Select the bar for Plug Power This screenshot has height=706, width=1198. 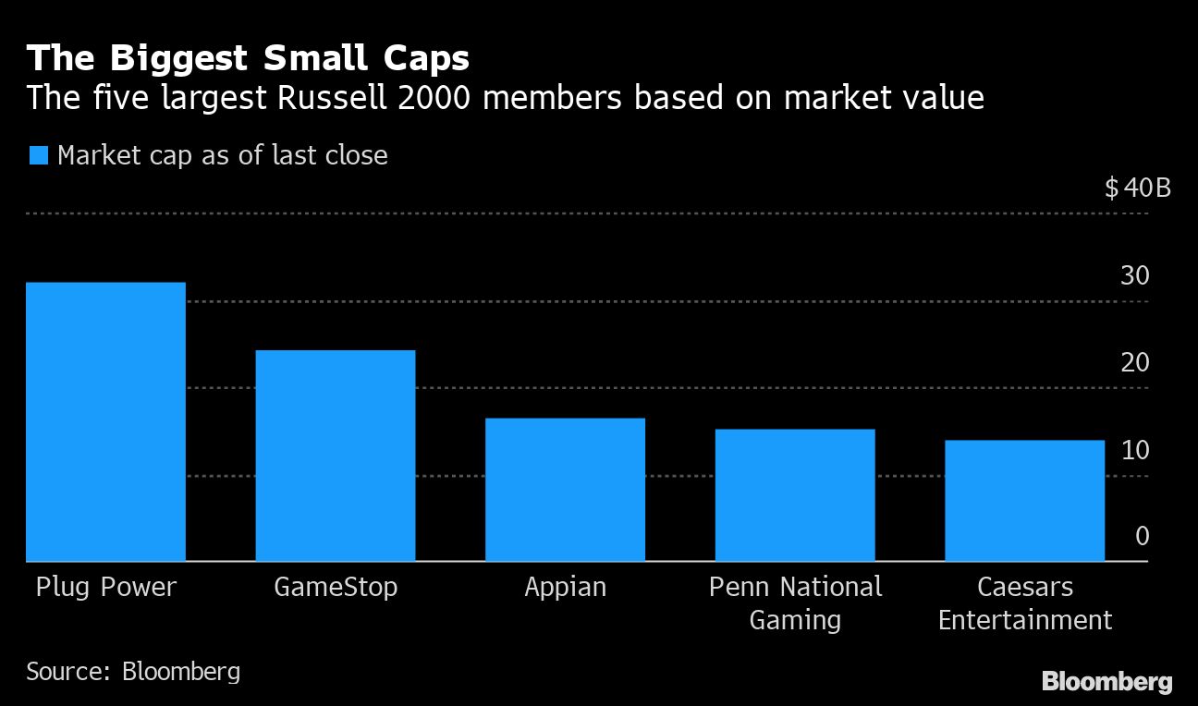coord(105,421)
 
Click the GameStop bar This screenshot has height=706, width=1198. coord(335,456)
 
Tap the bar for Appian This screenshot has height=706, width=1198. coord(565,490)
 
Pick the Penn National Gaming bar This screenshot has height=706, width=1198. coord(795,495)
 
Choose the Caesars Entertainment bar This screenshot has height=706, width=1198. coord(1024,501)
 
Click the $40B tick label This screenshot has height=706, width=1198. coord(1137,189)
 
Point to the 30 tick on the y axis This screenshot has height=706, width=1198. coord(1135,275)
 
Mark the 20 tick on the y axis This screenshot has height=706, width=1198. coord(1135,362)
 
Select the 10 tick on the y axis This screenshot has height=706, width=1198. coord(1135,450)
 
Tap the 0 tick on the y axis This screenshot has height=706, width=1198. coord(1143,537)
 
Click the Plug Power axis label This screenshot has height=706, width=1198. coord(105,588)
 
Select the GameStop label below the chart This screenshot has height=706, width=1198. coord(336,588)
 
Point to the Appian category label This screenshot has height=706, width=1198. coord(565,588)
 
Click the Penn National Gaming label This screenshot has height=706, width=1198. coord(795,603)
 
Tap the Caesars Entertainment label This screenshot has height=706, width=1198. coord(1024,603)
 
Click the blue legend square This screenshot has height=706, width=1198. coord(38,155)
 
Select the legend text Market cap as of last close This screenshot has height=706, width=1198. coord(222,155)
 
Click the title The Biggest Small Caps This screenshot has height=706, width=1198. coord(248,58)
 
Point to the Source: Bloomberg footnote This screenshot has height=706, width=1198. coord(133,671)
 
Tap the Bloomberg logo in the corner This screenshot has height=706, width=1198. coord(1106,682)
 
